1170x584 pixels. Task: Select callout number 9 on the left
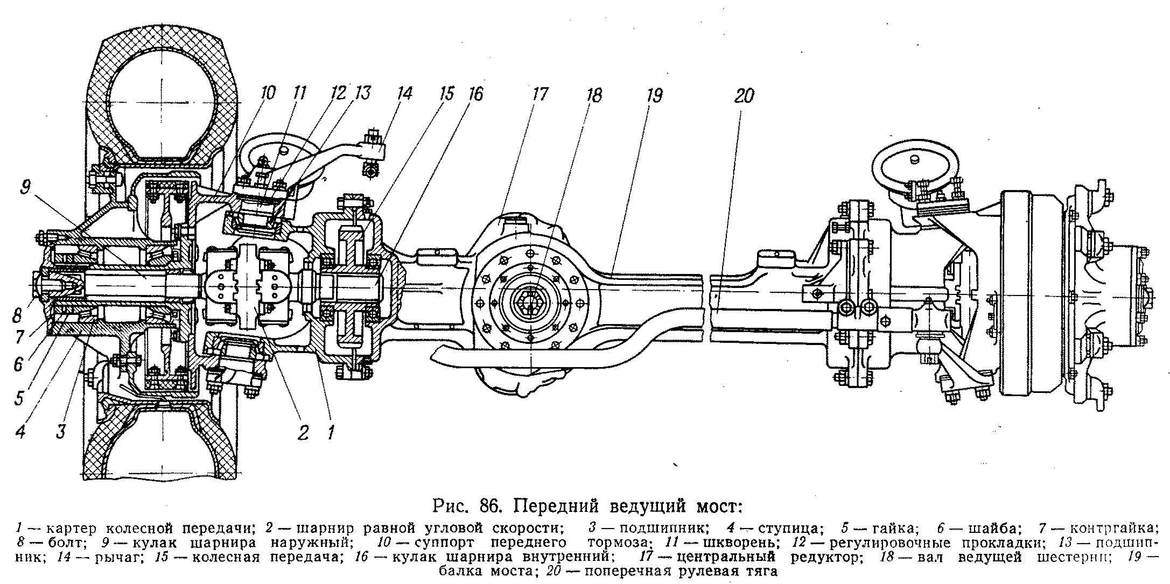(26, 188)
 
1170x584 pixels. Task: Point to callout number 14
(403, 93)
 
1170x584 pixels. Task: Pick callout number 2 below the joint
(304, 432)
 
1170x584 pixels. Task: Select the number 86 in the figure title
(492, 507)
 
